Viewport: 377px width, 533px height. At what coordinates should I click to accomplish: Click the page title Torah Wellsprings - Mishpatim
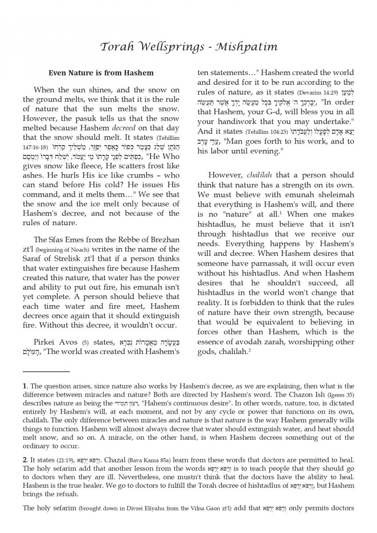pyautogui.click(x=188, y=46)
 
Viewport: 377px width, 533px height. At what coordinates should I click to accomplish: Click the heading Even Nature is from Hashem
pyautogui.click(x=101, y=73)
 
